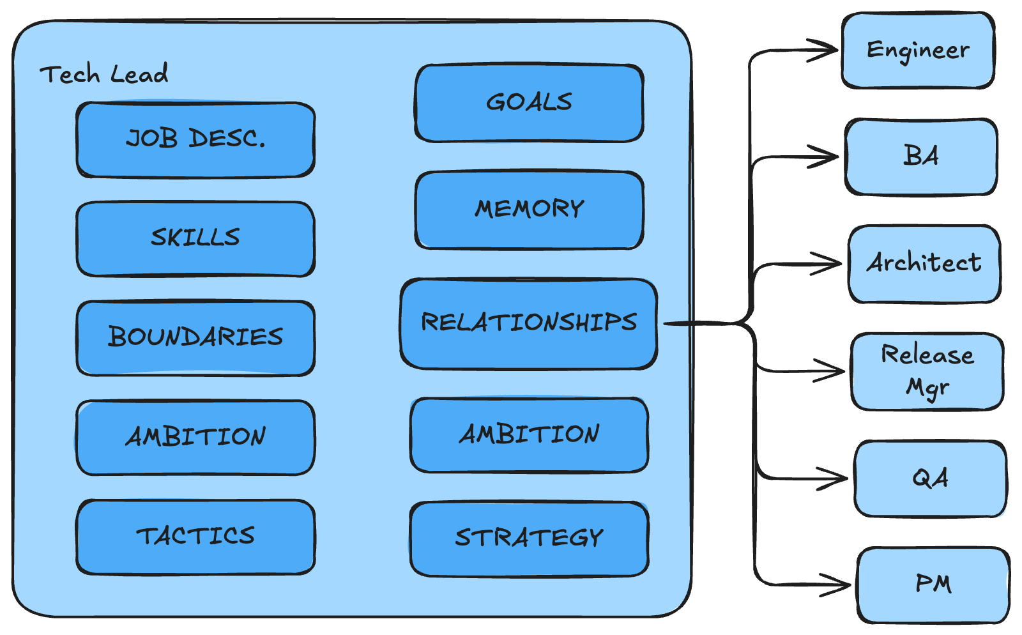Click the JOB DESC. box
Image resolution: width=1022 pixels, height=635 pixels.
tap(195, 139)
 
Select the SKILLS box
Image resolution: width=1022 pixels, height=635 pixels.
tap(195, 238)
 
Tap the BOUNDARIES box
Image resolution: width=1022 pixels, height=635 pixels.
tap(195, 337)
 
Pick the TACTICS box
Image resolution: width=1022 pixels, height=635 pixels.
tap(195, 537)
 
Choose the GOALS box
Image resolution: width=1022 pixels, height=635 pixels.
tap(529, 103)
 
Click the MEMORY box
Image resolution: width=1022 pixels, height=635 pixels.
tap(529, 210)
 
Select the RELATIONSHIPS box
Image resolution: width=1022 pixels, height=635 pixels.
tap(529, 323)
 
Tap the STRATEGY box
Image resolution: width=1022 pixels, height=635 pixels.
tap(529, 539)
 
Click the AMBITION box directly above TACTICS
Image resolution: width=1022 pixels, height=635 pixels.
tap(195, 438)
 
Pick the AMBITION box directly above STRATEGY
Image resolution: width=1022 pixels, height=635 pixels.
tap(529, 435)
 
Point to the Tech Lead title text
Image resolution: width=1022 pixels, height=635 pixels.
tap(104, 75)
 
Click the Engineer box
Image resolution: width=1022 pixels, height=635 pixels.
tap(918, 50)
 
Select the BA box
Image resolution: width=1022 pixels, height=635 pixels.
tap(921, 157)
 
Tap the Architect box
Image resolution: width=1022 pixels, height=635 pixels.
tap(924, 263)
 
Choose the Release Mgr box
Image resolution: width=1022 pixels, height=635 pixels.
tap(927, 371)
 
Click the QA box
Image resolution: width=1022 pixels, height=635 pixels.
tap(931, 478)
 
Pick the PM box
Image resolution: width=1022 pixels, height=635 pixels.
tap(933, 585)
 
